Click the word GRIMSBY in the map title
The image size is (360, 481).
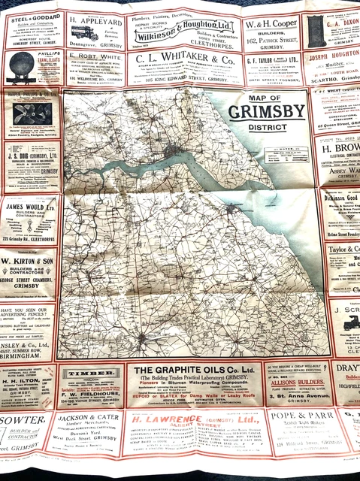[x=267, y=112]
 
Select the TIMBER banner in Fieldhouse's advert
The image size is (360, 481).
[x=88, y=374]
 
